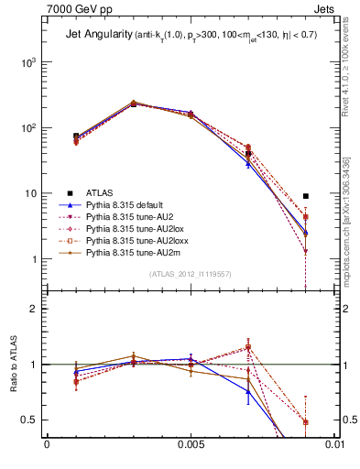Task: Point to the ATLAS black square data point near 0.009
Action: [306, 196]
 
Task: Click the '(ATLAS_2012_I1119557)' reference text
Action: [189, 274]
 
